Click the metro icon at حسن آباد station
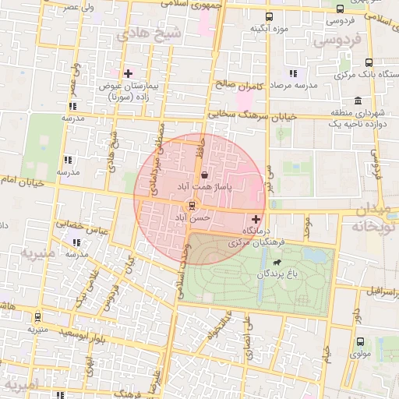click(191, 207)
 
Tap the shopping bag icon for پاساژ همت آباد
click(204, 175)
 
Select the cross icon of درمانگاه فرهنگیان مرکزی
click(256, 220)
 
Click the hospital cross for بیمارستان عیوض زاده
click(129, 73)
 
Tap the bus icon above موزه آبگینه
click(269, 16)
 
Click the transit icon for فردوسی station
click(341, 9)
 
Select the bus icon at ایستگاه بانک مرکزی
click(369, 62)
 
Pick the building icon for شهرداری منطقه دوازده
click(357, 101)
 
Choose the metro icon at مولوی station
click(360, 341)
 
